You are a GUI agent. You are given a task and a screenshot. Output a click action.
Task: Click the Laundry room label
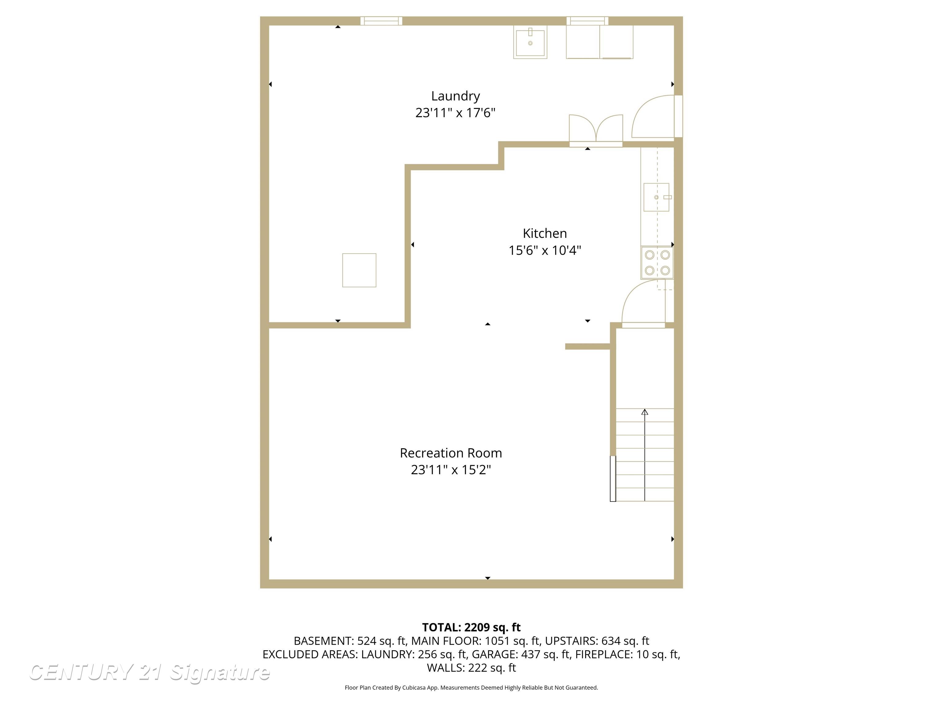click(455, 96)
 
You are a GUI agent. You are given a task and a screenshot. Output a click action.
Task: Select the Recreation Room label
click(451, 453)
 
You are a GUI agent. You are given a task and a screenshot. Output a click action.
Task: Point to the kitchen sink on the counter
click(656, 197)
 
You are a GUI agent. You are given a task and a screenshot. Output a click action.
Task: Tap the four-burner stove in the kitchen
click(657, 262)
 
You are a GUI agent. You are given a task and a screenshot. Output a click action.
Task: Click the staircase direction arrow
click(645, 412)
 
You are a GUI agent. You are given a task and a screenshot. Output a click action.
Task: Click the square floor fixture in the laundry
click(359, 270)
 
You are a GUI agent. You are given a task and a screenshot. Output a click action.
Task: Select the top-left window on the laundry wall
click(381, 21)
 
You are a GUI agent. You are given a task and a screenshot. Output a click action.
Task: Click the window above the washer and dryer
click(587, 21)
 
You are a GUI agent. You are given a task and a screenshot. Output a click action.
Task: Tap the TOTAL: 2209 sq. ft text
click(471, 627)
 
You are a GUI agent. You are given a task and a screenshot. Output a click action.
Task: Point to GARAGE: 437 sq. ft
click(521, 654)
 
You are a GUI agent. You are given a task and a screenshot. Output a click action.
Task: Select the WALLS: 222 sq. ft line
click(471, 668)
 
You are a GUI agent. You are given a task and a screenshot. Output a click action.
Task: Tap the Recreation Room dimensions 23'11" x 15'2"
click(451, 469)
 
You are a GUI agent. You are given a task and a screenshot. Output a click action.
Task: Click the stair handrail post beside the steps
click(613, 479)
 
